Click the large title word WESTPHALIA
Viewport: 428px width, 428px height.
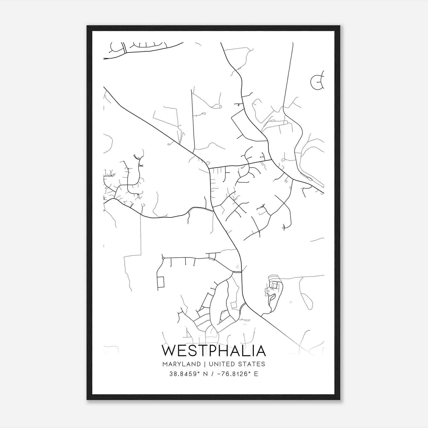pos(214,351)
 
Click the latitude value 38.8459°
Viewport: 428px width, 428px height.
pos(185,374)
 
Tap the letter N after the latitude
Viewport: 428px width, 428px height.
pos(205,374)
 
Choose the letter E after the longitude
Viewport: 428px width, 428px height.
pos(256,374)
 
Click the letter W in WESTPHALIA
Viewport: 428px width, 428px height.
pos(169,351)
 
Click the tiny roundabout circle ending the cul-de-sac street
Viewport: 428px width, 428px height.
pos(163,258)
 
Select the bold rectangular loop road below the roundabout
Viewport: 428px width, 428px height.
pos(161,282)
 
